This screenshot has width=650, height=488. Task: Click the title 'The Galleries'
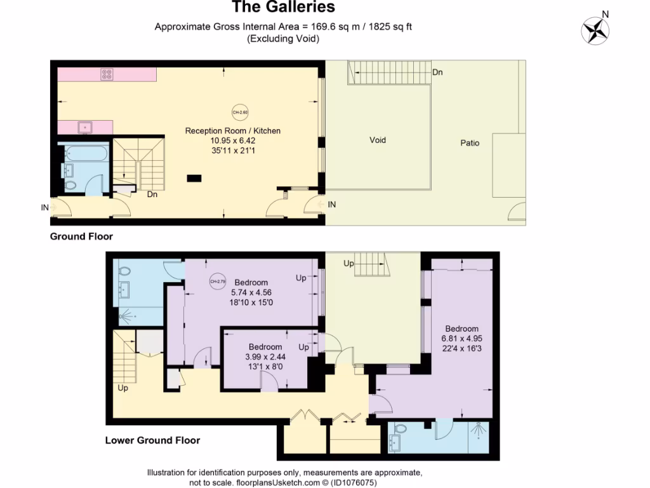[x=283, y=8]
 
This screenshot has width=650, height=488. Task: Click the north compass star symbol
[x=595, y=30]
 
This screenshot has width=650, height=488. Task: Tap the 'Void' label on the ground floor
[x=377, y=140]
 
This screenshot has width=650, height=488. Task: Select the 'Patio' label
[x=470, y=143]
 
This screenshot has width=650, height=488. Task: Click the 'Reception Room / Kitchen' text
[x=232, y=131]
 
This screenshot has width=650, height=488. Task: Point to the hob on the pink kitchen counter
[x=107, y=74]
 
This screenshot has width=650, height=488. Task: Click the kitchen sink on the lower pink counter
[x=84, y=127]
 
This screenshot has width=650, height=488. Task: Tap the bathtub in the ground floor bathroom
[x=84, y=153]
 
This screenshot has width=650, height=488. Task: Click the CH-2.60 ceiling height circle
[x=239, y=111]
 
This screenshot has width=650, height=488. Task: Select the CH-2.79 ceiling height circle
[x=217, y=281]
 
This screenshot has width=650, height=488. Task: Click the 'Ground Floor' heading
[x=81, y=237]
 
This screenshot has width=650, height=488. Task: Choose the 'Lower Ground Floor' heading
[x=152, y=440]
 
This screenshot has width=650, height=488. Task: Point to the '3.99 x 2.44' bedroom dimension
[x=265, y=356]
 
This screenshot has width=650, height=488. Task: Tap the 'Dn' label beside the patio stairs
[x=437, y=72]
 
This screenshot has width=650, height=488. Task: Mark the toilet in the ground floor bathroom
[x=70, y=185]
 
